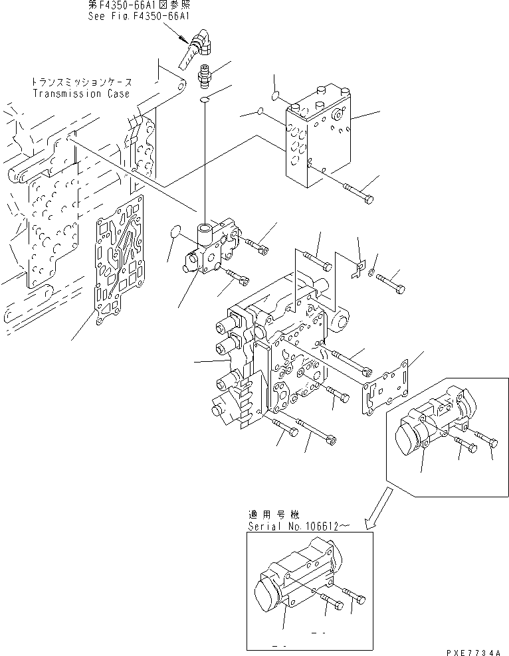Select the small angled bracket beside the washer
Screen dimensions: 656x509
pos(358,268)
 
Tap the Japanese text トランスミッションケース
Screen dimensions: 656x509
pos(81,82)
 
